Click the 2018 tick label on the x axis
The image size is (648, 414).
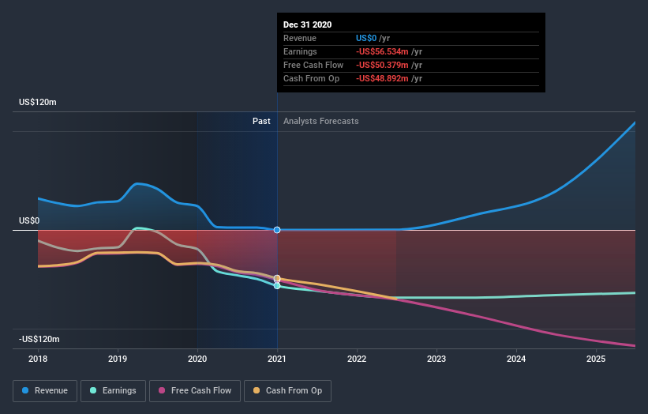pyautogui.click(x=38, y=359)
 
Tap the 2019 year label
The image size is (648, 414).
pyautogui.click(x=118, y=359)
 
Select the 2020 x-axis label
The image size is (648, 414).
pyautogui.click(x=197, y=359)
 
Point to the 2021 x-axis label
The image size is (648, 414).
pyautogui.click(x=277, y=359)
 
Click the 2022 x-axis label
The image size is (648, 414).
pyautogui.click(x=357, y=359)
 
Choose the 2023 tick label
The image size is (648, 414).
pyautogui.click(x=436, y=359)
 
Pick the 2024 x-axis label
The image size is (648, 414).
pyautogui.click(x=516, y=359)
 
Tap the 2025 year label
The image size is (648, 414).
pyautogui.click(x=596, y=359)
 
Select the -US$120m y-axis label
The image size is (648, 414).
pyautogui.click(x=39, y=339)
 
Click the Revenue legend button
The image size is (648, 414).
pyautogui.click(x=45, y=390)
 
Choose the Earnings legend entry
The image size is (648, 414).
pyautogui.click(x=113, y=390)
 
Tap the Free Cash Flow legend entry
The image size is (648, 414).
pyautogui.click(x=194, y=390)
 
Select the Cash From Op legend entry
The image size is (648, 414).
pyautogui.click(x=287, y=390)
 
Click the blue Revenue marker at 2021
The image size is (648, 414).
pyautogui.click(x=277, y=230)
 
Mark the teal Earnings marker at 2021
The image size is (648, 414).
pyautogui.click(x=277, y=285)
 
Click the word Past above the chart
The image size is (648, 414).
pyautogui.click(x=261, y=121)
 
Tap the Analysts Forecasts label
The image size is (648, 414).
pyautogui.click(x=320, y=121)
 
